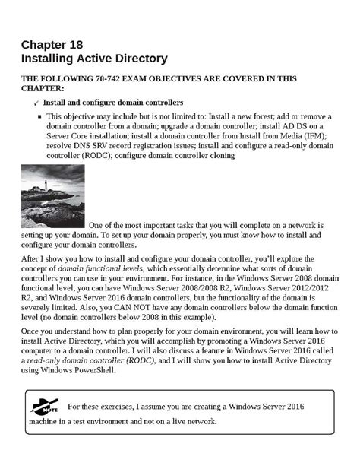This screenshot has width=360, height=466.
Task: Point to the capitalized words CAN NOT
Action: click(x=147, y=309)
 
